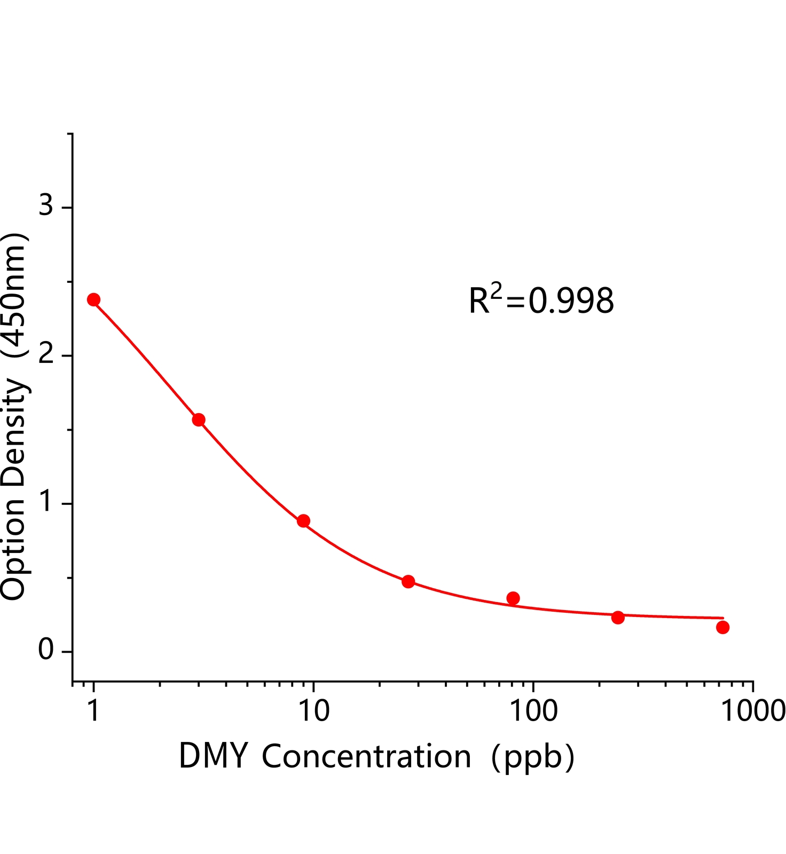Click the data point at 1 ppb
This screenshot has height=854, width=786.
point(93,299)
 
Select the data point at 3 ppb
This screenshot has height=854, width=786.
point(199,420)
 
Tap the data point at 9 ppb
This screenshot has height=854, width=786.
point(303,521)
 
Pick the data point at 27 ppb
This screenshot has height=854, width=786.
point(408,581)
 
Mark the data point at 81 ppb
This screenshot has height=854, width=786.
point(513,598)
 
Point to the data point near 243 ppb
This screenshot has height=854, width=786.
point(618,618)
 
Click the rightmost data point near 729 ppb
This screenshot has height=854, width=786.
point(722,627)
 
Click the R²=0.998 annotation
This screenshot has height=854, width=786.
point(541,300)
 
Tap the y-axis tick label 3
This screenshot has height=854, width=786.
point(46,204)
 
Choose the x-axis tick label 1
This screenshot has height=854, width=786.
point(93,710)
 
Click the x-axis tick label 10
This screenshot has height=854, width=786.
point(313,710)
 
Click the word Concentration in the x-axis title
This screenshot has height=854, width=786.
point(366,756)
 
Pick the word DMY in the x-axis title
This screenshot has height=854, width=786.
point(214,756)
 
